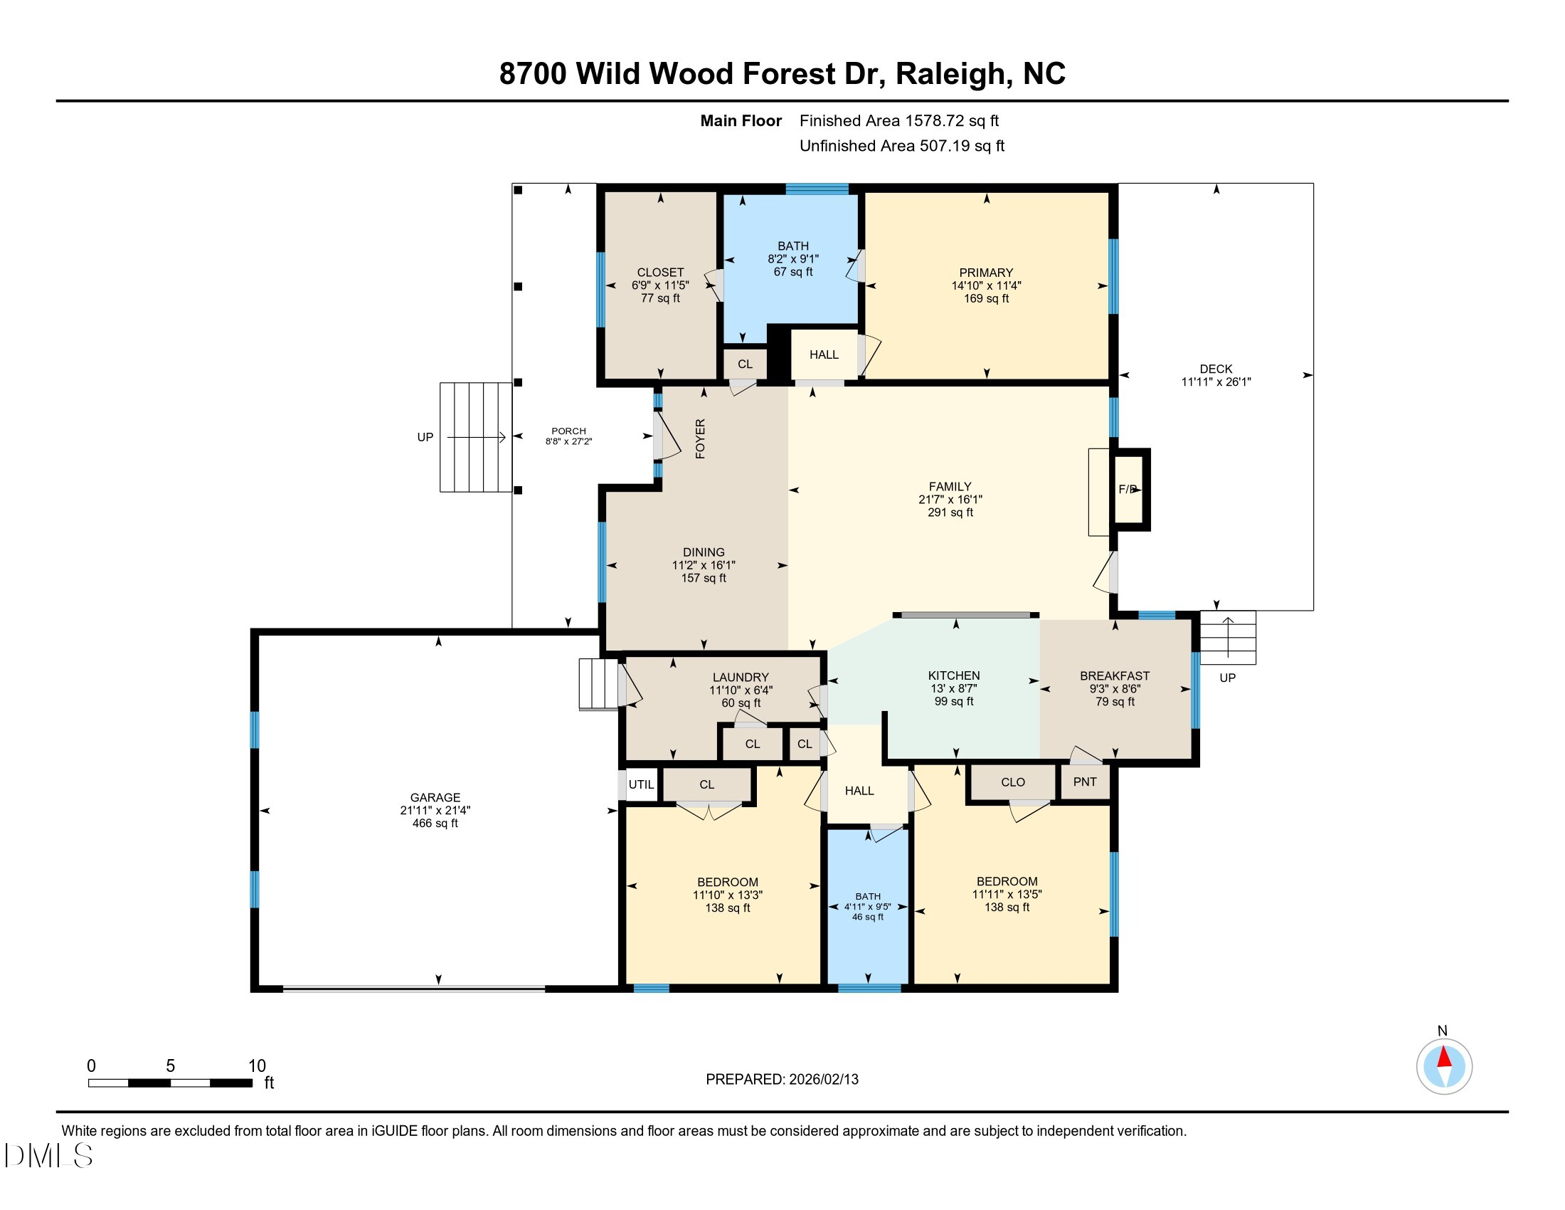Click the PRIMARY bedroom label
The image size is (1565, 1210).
pos(986,273)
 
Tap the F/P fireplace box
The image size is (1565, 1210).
pos(1129,490)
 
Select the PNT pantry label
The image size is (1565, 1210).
pos(1085,782)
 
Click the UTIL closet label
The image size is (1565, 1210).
pos(641,784)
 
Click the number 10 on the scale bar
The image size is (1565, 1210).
pos(257,1066)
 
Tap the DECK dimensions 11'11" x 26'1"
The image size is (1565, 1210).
pos(1216,382)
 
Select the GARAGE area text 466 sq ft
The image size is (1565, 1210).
pos(435,823)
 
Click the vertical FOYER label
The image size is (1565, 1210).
pos(700,438)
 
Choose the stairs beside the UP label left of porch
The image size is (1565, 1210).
pos(475,437)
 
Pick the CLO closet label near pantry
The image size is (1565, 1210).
pos(1012,782)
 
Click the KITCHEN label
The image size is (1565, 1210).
pos(954,675)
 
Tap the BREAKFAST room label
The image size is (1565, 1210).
pos(1114,676)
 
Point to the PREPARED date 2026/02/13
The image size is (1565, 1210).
pos(823,1080)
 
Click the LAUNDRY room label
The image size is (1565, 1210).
pos(741,678)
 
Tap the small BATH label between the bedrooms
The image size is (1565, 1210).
pos(868,896)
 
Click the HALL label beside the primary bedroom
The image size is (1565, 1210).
pos(823,355)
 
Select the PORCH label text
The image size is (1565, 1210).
pos(568,431)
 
